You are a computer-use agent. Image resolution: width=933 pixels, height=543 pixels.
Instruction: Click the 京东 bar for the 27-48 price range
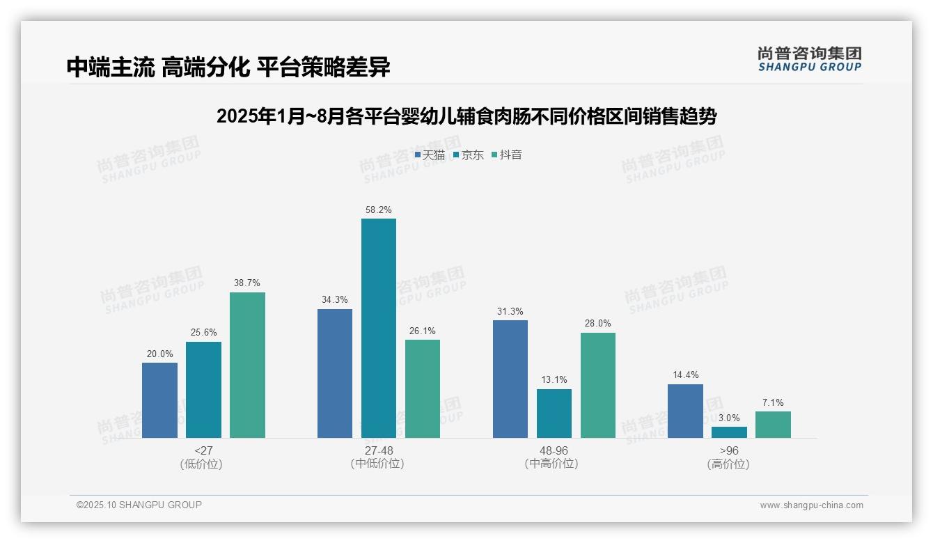[x=378, y=328]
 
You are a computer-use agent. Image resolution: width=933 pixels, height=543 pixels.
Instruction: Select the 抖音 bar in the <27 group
[x=247, y=365]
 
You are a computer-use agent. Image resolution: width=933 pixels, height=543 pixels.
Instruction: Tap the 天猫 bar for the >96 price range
[x=685, y=411]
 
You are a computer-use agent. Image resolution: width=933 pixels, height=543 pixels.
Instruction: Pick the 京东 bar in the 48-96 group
[x=554, y=413]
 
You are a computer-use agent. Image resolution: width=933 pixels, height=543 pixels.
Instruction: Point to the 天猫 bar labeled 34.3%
[x=334, y=373]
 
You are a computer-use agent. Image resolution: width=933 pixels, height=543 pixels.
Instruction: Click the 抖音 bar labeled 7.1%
[x=773, y=425]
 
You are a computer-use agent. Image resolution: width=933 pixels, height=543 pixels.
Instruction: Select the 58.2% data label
[x=378, y=210]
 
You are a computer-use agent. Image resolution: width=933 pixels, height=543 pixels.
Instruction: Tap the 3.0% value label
[x=729, y=418]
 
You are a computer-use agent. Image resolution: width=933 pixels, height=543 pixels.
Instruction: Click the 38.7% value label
[x=247, y=283]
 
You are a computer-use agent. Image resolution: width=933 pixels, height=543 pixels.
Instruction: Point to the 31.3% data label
[x=510, y=311]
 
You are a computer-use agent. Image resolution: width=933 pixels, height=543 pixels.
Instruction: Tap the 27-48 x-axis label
[x=378, y=450]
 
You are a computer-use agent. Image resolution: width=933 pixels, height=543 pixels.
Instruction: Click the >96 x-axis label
[x=729, y=450]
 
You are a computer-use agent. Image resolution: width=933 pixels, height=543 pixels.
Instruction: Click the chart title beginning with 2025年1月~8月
[x=466, y=116]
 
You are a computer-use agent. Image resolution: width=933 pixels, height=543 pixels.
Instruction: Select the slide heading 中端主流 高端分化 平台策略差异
[x=228, y=67]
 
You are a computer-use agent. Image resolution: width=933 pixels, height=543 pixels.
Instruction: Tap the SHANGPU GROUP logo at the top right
[x=809, y=59]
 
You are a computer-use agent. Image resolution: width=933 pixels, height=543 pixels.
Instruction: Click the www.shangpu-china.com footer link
[x=811, y=505]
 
